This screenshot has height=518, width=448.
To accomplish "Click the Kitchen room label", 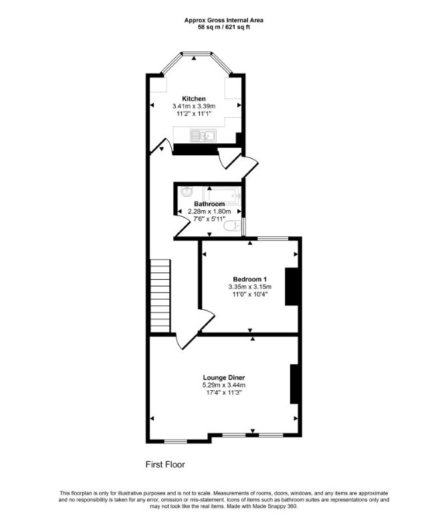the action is pos(194,98).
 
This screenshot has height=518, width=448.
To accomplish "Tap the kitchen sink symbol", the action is pos(203,135).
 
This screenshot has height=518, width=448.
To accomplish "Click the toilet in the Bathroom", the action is pos(233,226).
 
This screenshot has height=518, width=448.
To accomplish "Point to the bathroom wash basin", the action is pos(187,191).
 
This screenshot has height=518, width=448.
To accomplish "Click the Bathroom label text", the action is pos(209,204).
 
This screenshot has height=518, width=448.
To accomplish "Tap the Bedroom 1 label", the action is pos(250,279).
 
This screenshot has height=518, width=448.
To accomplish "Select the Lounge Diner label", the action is pos(224,377).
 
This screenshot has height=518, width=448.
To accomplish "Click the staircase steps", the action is pos(160,296).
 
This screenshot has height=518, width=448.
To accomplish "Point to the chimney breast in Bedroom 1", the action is pos(292,286).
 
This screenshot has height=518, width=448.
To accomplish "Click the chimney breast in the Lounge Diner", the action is pos(294,384).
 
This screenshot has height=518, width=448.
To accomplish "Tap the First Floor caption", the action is pos(165,464).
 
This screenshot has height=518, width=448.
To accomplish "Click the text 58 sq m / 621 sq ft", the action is pos(224,27).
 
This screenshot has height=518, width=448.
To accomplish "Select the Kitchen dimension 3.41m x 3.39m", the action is pos(194,106).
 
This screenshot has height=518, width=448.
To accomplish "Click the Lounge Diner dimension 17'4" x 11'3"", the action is pos(224,392).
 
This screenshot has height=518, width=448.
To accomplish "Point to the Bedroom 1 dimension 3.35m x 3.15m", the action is pos(250,286).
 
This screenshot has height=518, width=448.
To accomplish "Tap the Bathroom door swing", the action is pos(183,224).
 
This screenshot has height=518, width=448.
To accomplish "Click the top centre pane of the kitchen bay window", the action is pos(197,53).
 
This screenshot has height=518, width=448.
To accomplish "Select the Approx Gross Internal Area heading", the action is pos(224,20).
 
